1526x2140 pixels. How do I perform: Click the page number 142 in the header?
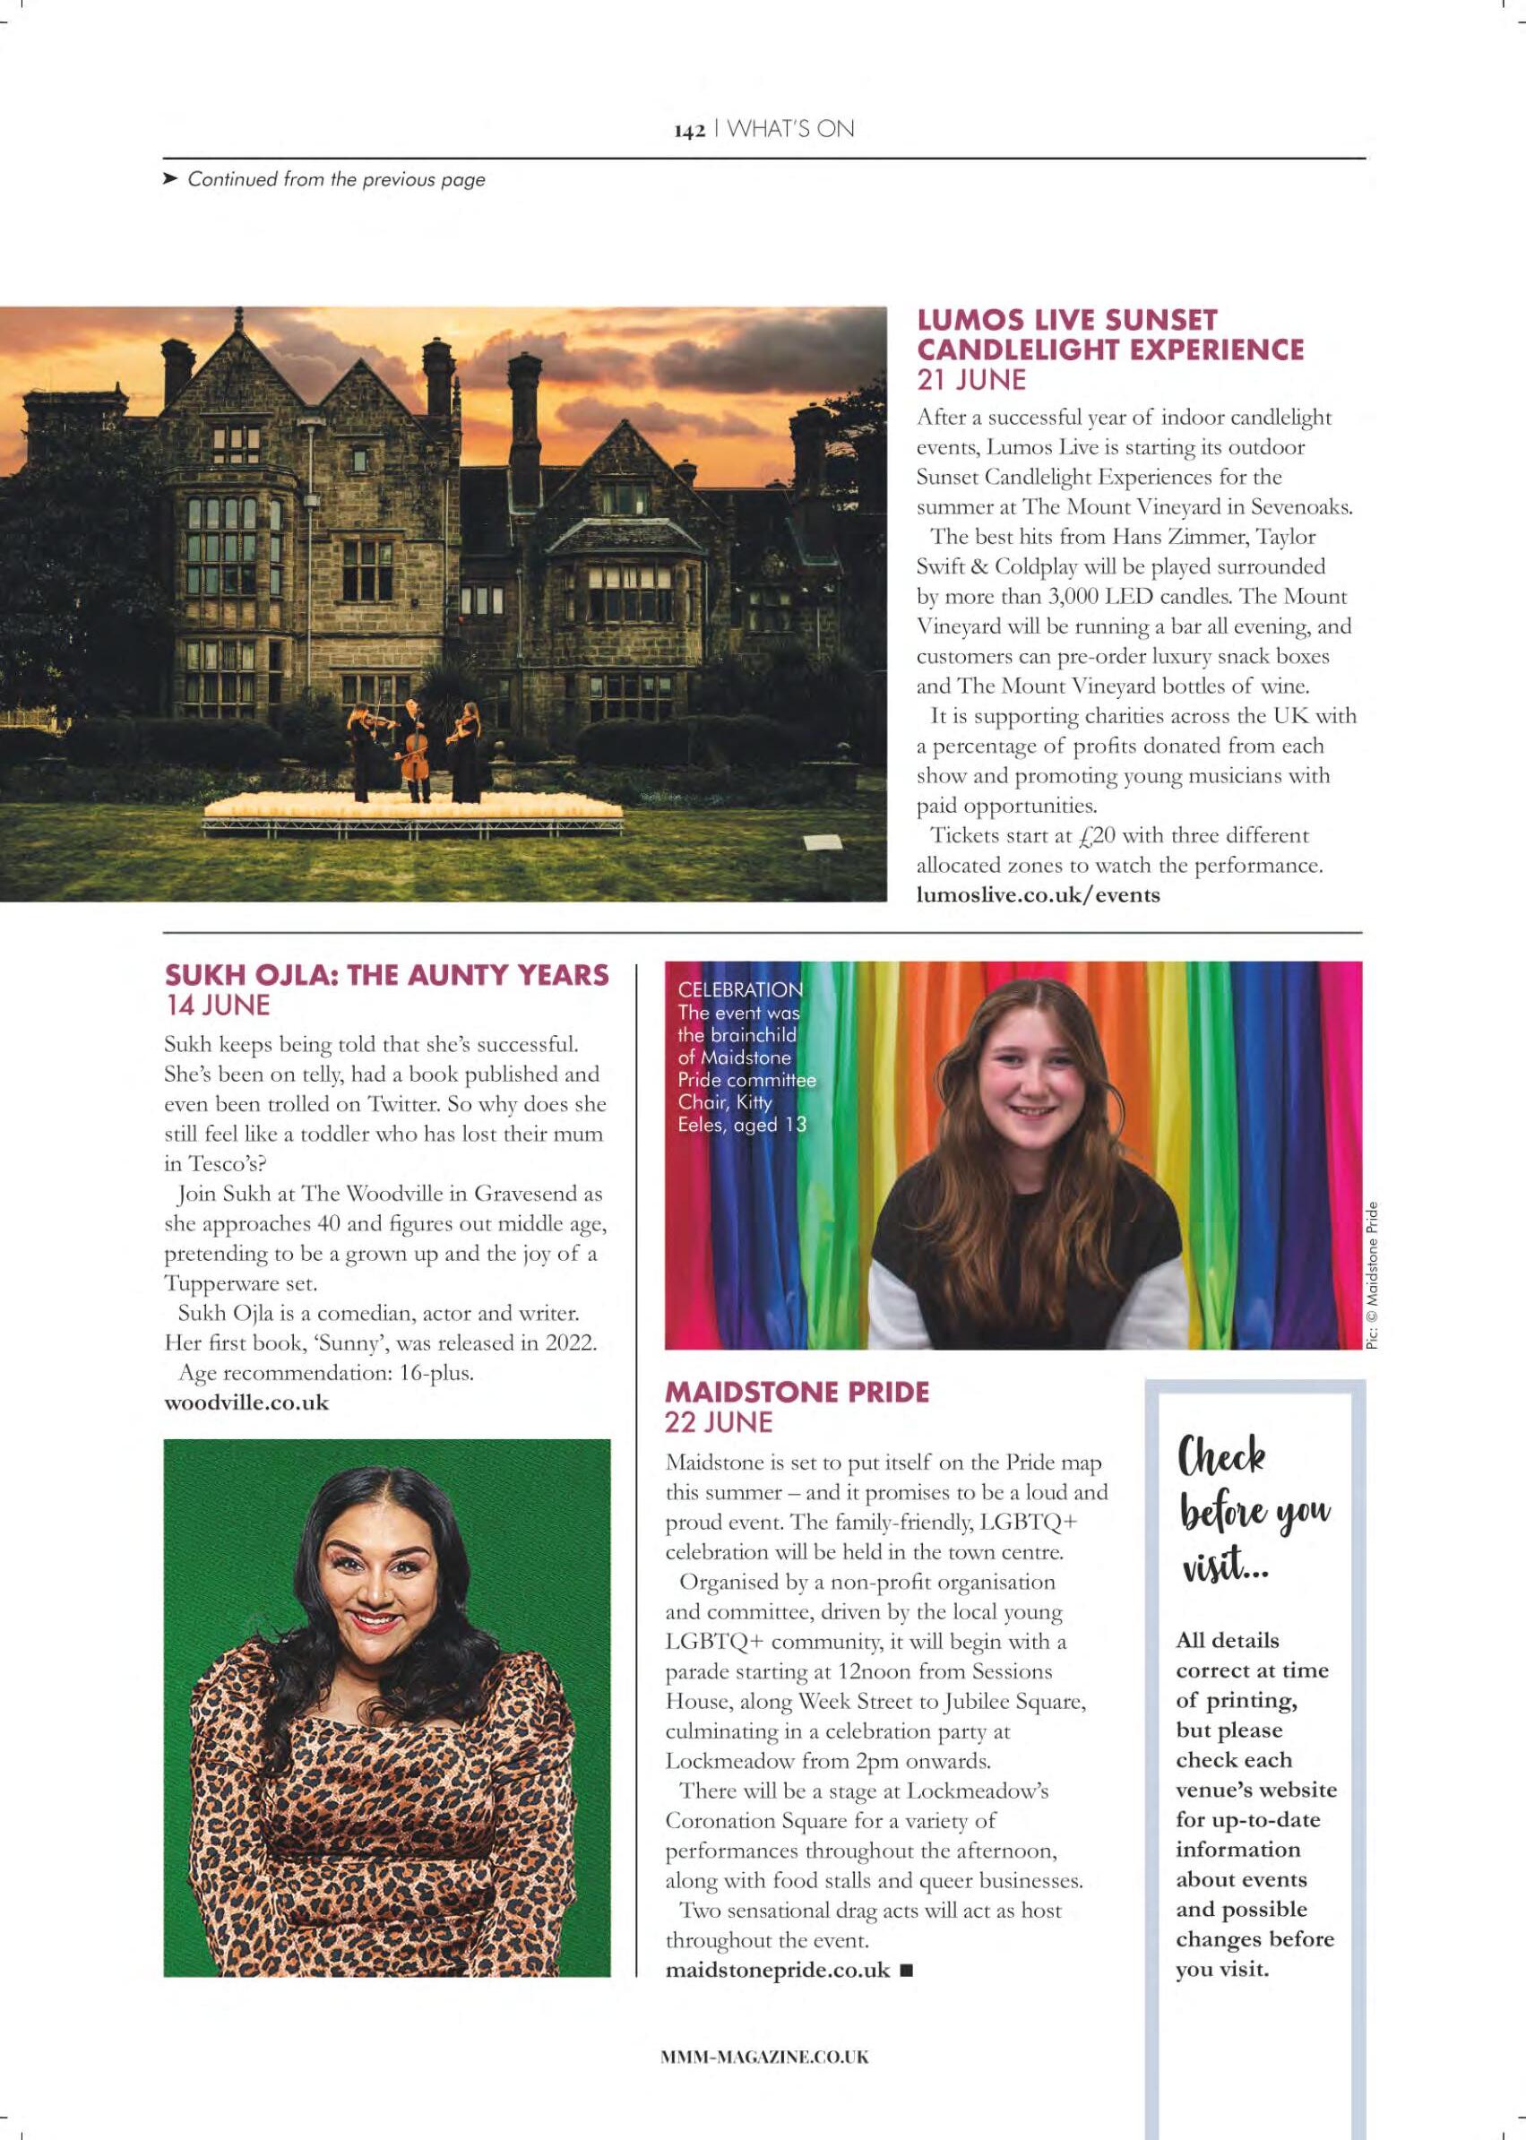pyautogui.click(x=689, y=132)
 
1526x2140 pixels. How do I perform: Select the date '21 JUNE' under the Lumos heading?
pyautogui.click(x=970, y=380)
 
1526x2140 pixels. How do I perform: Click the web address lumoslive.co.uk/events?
pyautogui.click(x=1038, y=894)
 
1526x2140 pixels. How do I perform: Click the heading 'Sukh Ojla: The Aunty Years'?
pyautogui.click(x=386, y=976)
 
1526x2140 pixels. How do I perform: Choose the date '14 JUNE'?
pyautogui.click(x=217, y=1005)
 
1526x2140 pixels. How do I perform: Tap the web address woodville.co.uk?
pyautogui.click(x=246, y=1403)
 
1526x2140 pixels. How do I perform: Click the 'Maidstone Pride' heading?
pyautogui.click(x=797, y=1392)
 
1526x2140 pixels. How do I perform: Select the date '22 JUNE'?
pyautogui.click(x=718, y=1423)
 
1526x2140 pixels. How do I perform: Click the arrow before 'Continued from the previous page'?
pyautogui.click(x=170, y=178)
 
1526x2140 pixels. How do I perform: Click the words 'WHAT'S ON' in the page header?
pyautogui.click(x=791, y=131)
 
